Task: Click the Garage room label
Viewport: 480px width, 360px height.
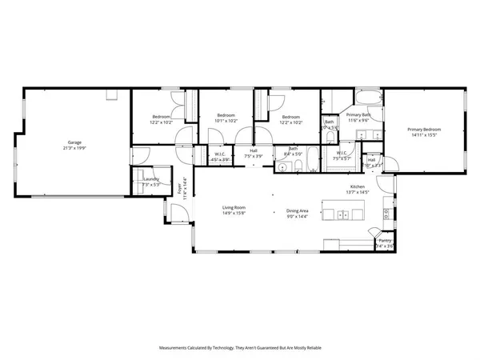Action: [74, 142]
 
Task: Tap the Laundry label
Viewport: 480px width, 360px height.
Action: [151, 180]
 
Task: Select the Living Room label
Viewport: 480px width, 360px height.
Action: [234, 207]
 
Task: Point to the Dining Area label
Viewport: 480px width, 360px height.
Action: [298, 211]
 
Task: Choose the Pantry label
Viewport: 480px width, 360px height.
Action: [385, 240]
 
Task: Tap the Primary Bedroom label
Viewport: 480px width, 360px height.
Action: [424, 130]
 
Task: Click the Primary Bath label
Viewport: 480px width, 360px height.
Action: [358, 115]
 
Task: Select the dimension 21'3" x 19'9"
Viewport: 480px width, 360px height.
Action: [75, 148]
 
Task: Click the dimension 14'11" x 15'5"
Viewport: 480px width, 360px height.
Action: [424, 135]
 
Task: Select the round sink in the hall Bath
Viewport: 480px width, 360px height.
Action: [283, 168]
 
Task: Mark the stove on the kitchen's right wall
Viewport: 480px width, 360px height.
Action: [387, 214]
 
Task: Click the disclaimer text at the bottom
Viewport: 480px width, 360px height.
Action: [240, 348]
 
